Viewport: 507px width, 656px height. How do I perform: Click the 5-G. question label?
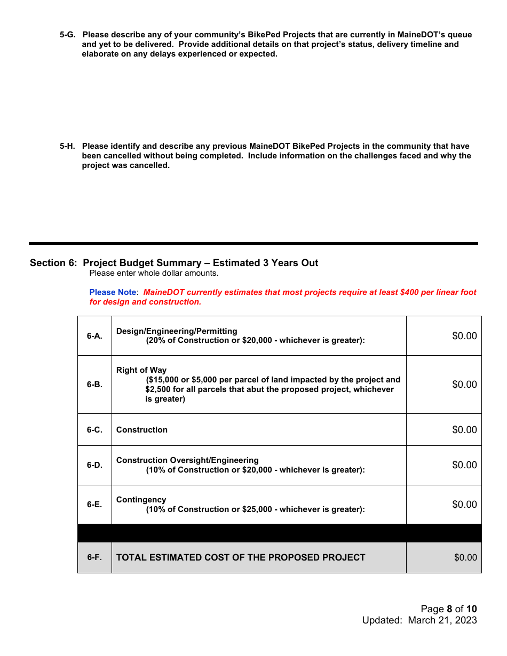point(67,35)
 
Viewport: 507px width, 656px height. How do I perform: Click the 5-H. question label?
point(67,146)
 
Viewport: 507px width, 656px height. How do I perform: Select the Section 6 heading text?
point(174,263)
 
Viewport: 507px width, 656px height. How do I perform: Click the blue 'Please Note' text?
point(113,292)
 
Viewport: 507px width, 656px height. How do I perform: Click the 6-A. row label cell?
point(94,336)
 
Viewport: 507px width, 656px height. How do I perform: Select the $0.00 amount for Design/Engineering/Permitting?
point(464,336)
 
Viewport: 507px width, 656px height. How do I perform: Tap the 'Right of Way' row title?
point(141,370)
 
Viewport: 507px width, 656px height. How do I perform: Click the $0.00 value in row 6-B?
point(464,385)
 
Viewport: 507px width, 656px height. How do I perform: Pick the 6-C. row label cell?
point(94,430)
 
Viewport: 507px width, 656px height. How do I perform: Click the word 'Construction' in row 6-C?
point(142,430)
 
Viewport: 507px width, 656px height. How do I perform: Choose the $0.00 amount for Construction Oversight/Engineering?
point(464,465)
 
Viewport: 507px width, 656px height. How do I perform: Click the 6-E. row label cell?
point(94,505)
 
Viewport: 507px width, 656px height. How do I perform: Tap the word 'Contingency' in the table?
point(141,500)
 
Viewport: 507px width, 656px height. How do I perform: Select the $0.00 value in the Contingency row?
point(464,505)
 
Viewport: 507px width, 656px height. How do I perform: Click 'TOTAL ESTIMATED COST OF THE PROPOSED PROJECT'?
point(241,557)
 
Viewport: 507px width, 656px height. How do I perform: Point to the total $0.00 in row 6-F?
point(465,557)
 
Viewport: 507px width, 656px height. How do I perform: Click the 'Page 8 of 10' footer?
point(448,609)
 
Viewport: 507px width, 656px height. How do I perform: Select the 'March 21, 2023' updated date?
point(442,620)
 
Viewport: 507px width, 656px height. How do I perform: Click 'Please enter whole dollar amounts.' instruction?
point(154,273)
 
